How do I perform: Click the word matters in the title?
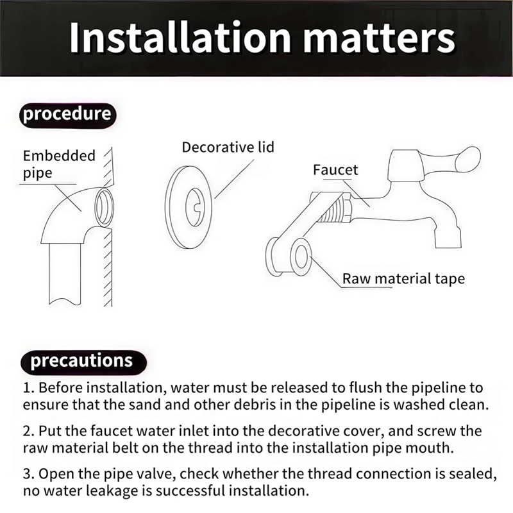(x=380, y=38)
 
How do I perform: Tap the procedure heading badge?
(x=68, y=115)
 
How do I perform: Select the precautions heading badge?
(x=83, y=362)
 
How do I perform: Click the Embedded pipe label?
(x=59, y=165)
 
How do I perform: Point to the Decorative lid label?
(x=228, y=147)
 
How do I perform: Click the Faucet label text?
(x=335, y=170)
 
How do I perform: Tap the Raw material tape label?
(x=403, y=279)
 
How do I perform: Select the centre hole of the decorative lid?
(x=195, y=206)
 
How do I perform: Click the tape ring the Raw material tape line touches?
(x=301, y=256)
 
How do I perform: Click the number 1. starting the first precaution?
(x=29, y=388)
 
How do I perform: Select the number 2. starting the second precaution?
(x=29, y=431)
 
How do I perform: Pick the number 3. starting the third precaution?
(x=29, y=474)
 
